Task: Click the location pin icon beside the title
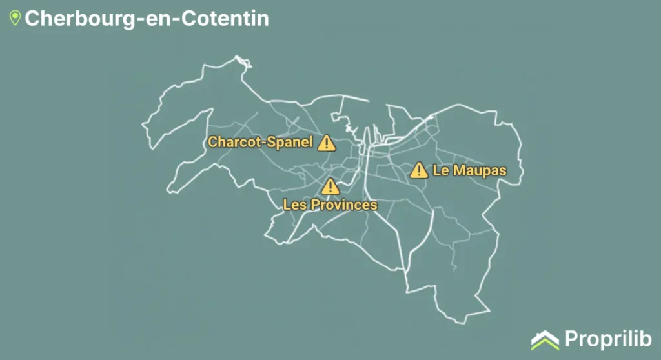15,18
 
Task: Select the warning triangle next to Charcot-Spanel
327,143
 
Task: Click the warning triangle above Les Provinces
330,187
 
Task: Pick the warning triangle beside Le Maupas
419,170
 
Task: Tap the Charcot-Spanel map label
260,142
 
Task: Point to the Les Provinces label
330,205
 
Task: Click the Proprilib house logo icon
545,339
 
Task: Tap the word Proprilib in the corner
607,339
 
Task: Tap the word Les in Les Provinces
295,205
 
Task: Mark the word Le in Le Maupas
440,170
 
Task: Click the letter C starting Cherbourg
32,18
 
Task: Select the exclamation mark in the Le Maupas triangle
419,171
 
